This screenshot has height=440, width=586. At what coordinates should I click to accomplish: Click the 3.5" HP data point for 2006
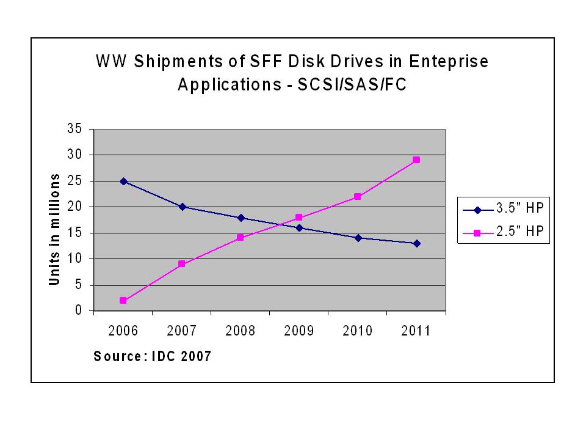(123, 181)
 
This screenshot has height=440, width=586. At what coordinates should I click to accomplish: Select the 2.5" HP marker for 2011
(416, 160)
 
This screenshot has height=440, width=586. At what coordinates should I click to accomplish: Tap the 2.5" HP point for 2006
(123, 301)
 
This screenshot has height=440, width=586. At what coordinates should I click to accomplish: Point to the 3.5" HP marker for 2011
(416, 243)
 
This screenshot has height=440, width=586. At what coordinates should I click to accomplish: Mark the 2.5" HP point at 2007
(181, 264)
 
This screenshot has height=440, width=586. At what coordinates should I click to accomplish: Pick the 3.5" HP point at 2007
(181, 207)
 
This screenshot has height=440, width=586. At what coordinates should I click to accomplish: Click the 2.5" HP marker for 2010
(358, 197)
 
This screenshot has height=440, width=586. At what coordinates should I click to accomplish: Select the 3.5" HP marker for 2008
(240, 218)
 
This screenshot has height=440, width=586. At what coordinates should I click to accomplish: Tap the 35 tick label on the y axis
(75, 129)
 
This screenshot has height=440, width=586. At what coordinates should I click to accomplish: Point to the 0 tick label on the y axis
(79, 311)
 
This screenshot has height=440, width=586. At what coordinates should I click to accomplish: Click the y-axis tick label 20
(75, 207)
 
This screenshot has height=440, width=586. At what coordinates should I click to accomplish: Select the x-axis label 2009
(298, 331)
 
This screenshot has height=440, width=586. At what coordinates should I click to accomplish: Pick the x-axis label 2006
(123, 331)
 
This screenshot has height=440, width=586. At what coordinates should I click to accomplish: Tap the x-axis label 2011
(416, 331)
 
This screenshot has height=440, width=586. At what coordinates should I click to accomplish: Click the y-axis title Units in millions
(54, 229)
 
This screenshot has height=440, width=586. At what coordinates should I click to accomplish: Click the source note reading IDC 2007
(183, 356)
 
